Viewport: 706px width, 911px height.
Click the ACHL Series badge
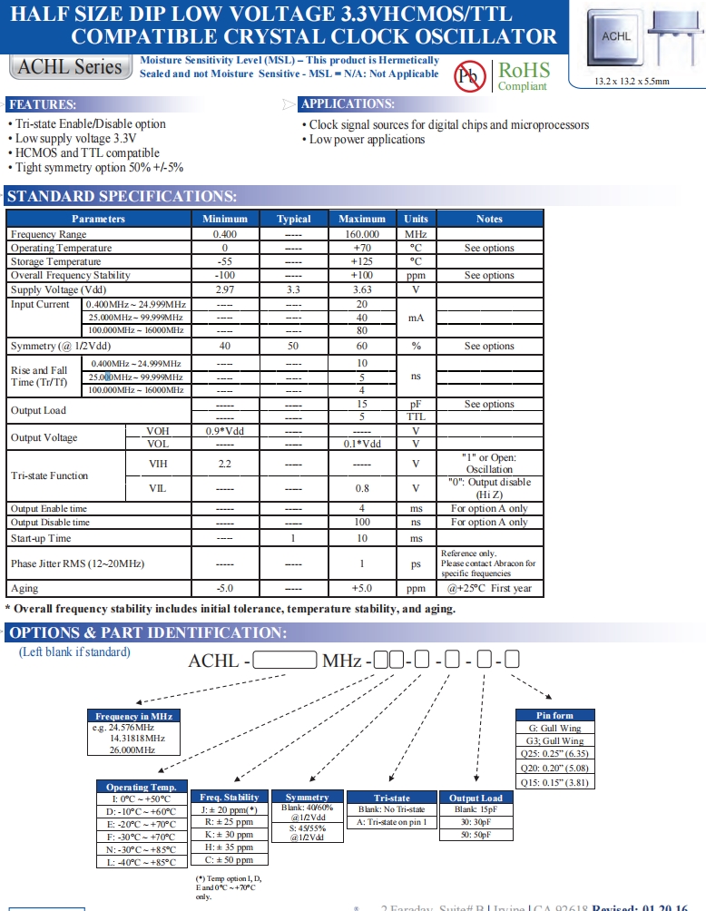[70, 67]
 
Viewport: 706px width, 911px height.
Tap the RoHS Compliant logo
[523, 75]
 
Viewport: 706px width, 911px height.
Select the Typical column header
[293, 219]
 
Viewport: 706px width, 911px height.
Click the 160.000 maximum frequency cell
[361, 234]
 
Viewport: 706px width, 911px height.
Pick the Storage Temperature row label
[55, 261]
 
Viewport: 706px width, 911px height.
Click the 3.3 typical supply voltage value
[293, 289]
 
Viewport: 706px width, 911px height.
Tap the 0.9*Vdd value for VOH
[225, 431]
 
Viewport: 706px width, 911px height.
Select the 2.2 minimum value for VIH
[225, 463]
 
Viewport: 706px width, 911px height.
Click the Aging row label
[25, 588]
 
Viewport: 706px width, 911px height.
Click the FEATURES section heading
[43, 104]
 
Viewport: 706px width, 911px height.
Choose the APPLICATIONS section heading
[348, 104]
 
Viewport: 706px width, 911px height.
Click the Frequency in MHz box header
[134, 716]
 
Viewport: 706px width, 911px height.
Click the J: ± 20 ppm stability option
[229, 809]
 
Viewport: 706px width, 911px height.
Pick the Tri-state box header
[392, 798]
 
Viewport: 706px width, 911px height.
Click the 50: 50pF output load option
[476, 834]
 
